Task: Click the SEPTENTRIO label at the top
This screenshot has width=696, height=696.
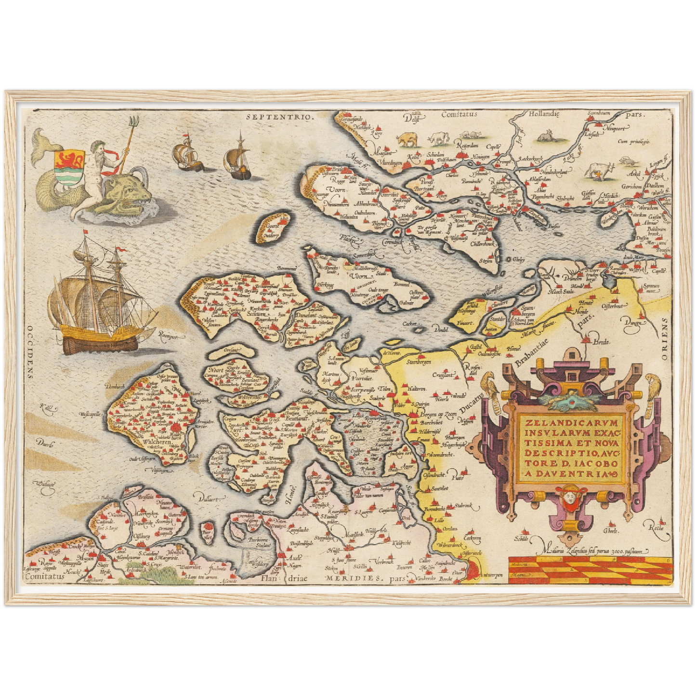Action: (x=279, y=116)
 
